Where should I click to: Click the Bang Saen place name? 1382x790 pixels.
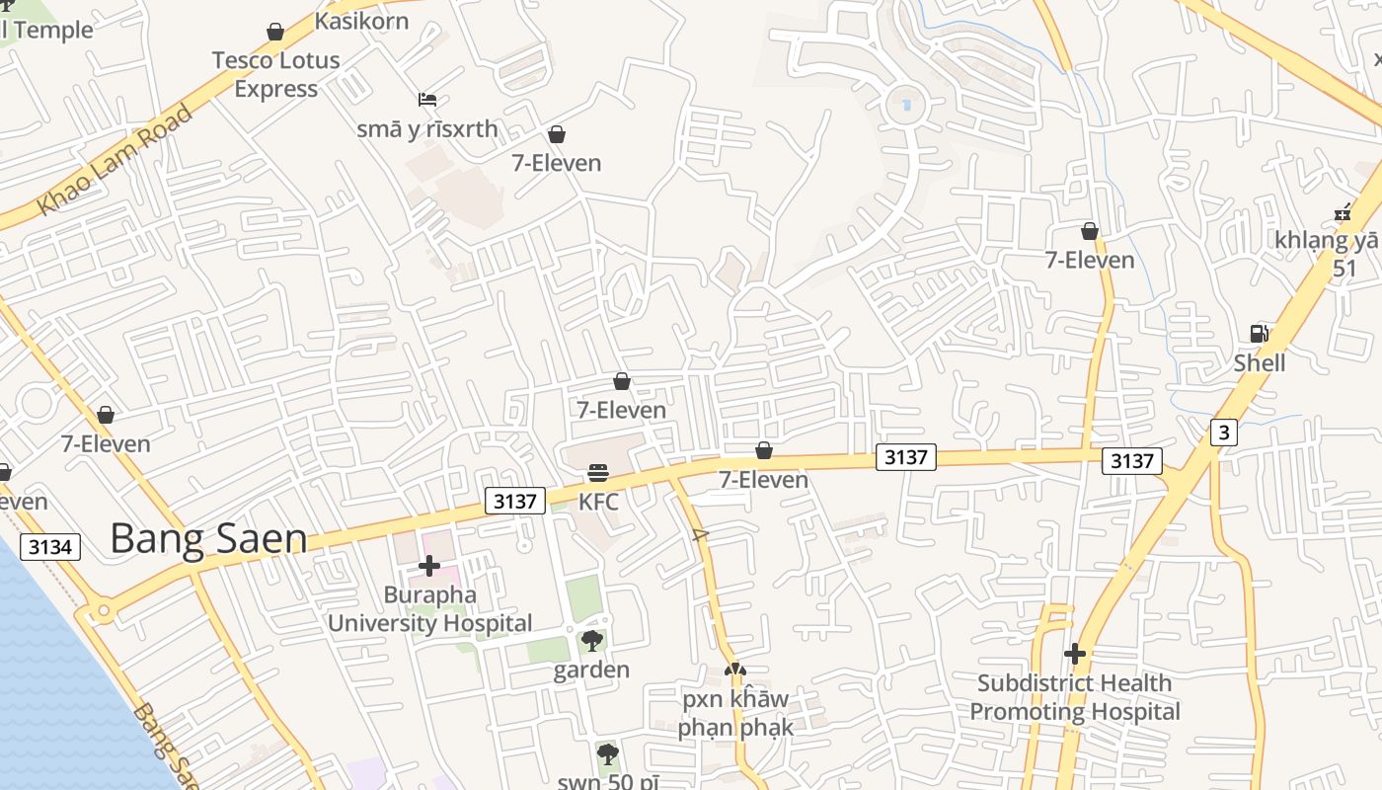coord(208,539)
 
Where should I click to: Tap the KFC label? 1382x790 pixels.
coord(598,502)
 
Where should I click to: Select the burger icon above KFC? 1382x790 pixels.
coord(598,473)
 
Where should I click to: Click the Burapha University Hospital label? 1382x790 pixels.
coord(429,609)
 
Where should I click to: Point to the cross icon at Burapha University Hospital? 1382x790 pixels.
coord(429,566)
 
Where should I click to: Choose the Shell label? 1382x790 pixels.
coord(1260,363)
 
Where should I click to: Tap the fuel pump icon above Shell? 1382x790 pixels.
coord(1260,333)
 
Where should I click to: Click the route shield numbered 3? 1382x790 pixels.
coord(1224,432)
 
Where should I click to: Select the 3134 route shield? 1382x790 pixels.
coord(49,546)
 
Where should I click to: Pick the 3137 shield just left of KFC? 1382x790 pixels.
coord(515,501)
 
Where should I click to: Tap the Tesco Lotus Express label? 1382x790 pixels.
coord(276,74)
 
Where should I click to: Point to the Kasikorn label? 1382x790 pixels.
coord(361,21)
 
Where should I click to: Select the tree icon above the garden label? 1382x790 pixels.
coord(592,641)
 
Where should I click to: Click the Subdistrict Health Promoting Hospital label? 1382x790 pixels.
coord(1075,697)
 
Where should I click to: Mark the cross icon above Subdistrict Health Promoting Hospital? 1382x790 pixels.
coord(1075,654)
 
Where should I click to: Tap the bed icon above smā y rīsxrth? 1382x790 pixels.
coord(427,100)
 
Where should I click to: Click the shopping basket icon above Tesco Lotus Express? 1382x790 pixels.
coord(275,32)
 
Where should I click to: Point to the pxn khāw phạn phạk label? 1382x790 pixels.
coord(735,713)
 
